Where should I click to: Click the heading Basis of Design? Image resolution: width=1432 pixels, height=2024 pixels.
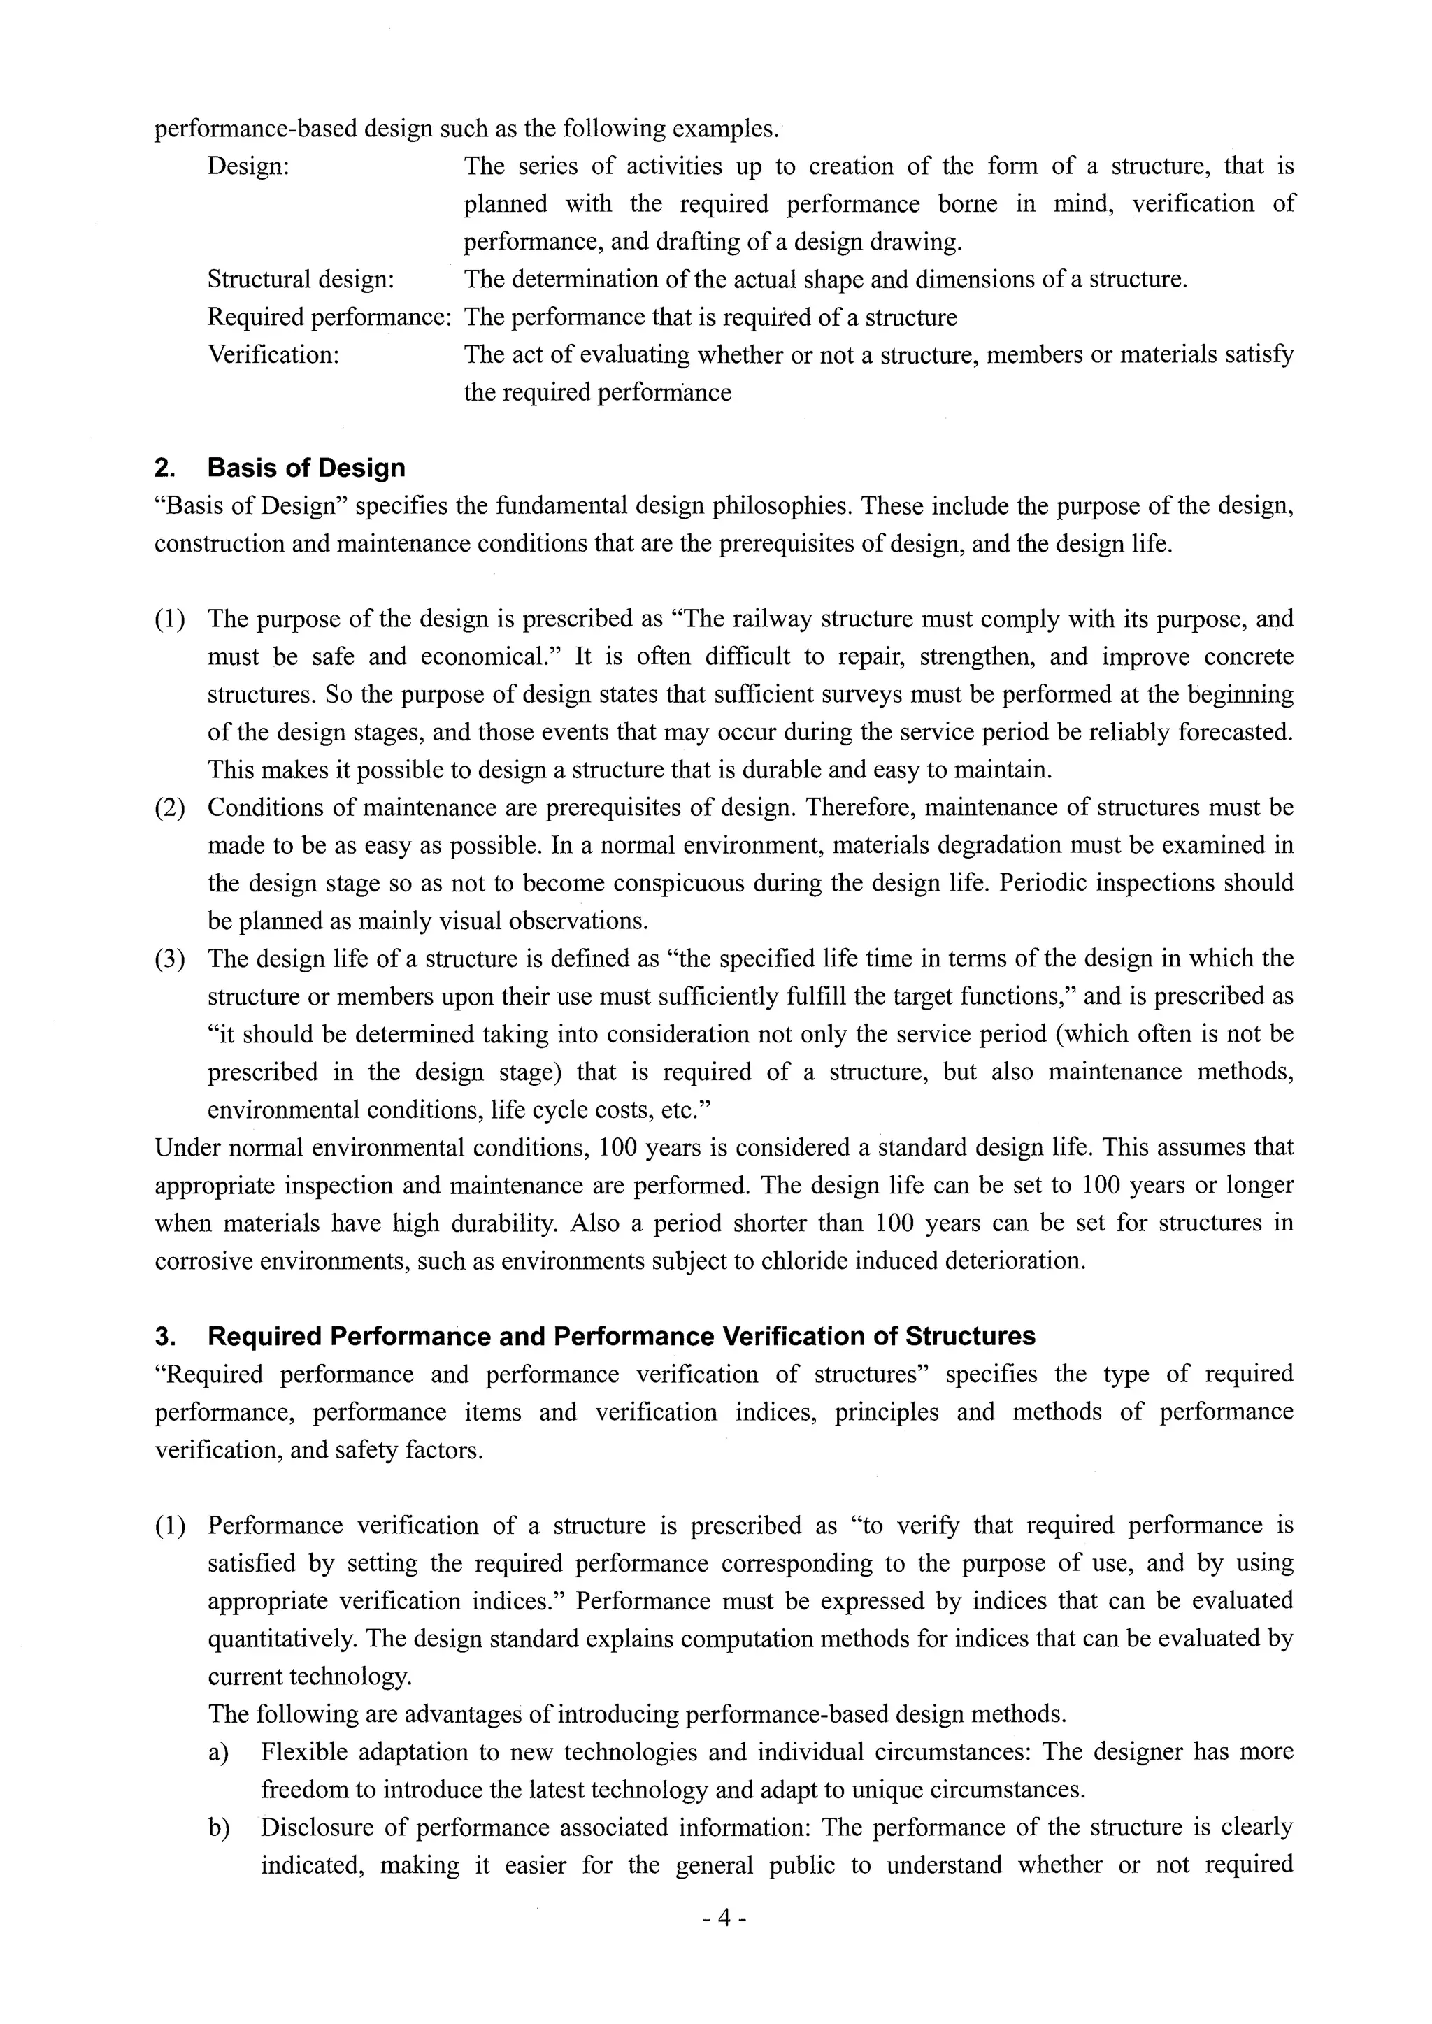coord(306,468)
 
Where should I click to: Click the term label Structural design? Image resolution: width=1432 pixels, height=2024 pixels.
coord(301,280)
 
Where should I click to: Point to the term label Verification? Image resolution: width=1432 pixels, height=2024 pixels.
coord(273,355)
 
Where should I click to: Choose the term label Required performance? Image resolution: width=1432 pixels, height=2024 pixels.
coord(329,317)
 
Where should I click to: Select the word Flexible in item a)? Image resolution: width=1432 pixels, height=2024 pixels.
coord(303,1751)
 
